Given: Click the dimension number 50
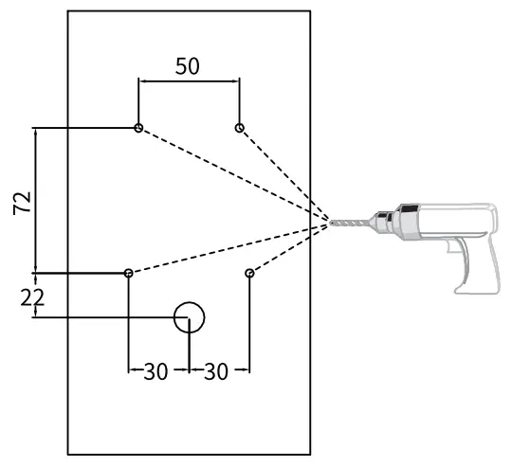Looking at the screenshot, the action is click(x=187, y=66).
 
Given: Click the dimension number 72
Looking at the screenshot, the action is click(x=22, y=203).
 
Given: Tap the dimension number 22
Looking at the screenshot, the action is click(x=32, y=298).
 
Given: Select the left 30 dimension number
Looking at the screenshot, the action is click(x=155, y=371).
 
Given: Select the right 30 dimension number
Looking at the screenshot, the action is click(x=216, y=371).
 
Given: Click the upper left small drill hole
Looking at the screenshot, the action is click(x=138, y=128).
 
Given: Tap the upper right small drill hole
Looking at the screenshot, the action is click(x=239, y=128).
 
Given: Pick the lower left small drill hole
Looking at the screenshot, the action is click(x=128, y=273).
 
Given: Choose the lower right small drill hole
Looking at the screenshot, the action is click(x=249, y=273).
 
